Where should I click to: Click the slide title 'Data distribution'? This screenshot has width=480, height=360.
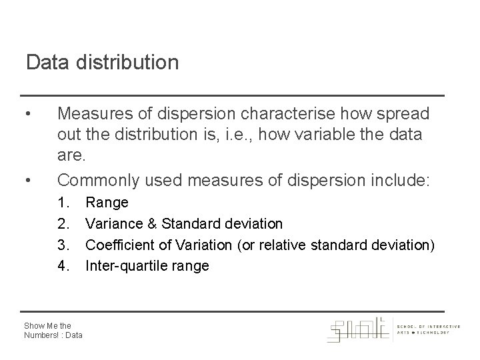[x=102, y=63]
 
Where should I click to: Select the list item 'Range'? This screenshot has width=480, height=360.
[x=107, y=201]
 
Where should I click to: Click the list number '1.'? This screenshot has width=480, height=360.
[x=64, y=201]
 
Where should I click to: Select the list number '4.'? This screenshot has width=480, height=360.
[x=64, y=266]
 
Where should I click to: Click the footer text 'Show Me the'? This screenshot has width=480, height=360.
[x=47, y=325]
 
